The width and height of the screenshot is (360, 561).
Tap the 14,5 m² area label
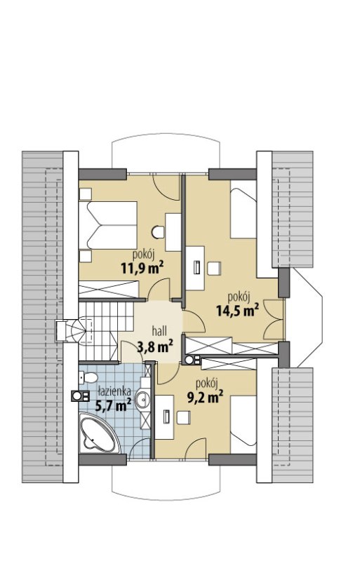[x=238, y=310]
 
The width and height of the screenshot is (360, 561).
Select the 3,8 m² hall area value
[x=155, y=346]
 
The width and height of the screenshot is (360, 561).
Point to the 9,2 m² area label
[x=205, y=397]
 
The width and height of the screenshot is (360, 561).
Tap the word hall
[x=159, y=331]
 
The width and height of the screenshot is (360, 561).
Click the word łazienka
[x=114, y=391]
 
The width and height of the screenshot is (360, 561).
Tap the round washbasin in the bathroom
[x=142, y=399]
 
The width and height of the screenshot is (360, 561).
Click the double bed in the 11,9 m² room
[x=108, y=225]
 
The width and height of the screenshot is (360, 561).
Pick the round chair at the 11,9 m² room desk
[x=158, y=232]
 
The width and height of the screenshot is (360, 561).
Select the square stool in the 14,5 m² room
[x=214, y=269]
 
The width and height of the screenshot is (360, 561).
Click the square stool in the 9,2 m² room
[x=183, y=417]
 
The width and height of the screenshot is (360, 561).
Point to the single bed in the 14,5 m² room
[x=244, y=209]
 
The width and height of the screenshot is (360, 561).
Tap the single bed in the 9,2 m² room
[x=244, y=425]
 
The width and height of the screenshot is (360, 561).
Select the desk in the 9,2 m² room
[x=164, y=417]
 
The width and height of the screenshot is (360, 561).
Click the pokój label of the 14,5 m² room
[x=239, y=297]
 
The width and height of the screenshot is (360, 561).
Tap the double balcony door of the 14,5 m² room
[x=274, y=319]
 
